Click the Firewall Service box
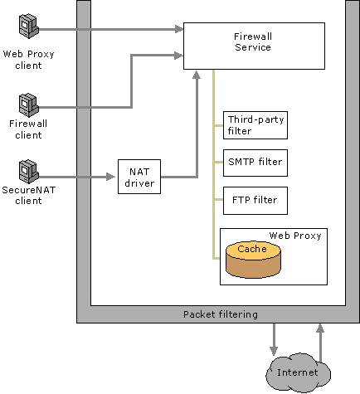tap(254, 46)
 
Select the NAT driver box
tap(139, 177)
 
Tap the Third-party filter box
tap(255, 125)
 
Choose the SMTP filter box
tap(255, 163)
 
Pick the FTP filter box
tap(255, 201)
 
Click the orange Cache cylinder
tap(253, 260)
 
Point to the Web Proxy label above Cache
tap(295, 236)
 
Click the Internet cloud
tap(298, 372)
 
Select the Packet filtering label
tap(221, 314)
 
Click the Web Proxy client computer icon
tap(28, 27)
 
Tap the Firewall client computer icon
tap(28, 105)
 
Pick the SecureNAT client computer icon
tap(28, 172)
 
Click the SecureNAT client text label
tap(29, 195)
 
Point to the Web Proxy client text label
tap(28, 60)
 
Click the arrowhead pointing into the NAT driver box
tap(111, 177)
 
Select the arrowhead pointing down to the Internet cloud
tap(274, 351)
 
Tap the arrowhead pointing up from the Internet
tap(320, 328)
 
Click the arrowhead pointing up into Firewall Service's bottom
tap(197, 75)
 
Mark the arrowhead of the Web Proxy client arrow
tap(179, 29)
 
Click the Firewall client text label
tap(28, 129)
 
